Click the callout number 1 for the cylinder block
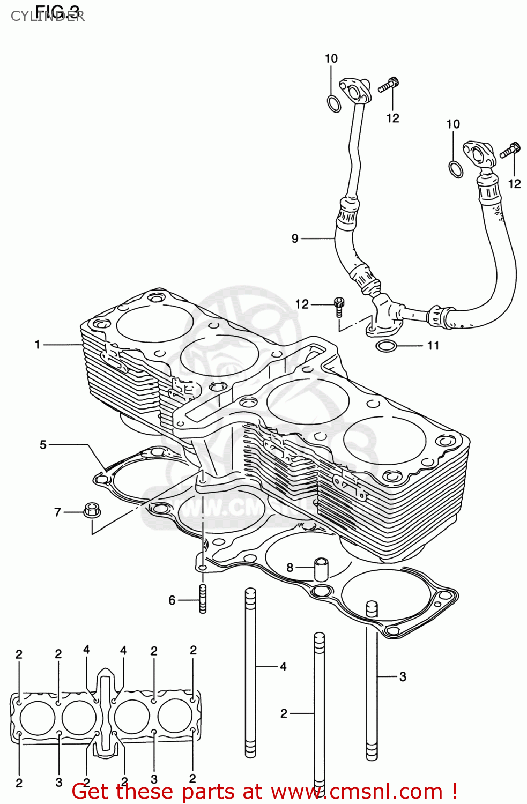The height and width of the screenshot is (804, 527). pyautogui.click(x=38, y=344)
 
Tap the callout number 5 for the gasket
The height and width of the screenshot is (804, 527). pyautogui.click(x=43, y=444)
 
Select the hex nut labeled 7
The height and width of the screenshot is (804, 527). pyautogui.click(x=92, y=509)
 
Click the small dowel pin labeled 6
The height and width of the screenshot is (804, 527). pyautogui.click(x=203, y=599)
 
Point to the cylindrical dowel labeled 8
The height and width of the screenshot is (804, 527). pyautogui.click(x=321, y=569)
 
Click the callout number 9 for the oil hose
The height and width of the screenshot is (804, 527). pyautogui.click(x=295, y=239)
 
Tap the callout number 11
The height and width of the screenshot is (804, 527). pyautogui.click(x=433, y=346)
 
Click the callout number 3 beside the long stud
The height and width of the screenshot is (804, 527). pyautogui.click(x=403, y=677)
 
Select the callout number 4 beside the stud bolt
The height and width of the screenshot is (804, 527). pyautogui.click(x=283, y=666)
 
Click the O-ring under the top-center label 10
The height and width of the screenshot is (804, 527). pyautogui.click(x=333, y=103)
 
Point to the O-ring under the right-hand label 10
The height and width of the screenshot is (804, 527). pyautogui.click(x=456, y=169)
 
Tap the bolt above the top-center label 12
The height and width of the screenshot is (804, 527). pyautogui.click(x=389, y=85)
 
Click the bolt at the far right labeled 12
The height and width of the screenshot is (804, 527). pyautogui.click(x=510, y=150)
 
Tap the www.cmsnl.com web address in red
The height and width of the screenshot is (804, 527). pyautogui.click(x=357, y=792)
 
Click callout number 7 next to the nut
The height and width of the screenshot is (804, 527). pyautogui.click(x=58, y=512)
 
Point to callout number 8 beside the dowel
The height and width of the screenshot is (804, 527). pyautogui.click(x=290, y=567)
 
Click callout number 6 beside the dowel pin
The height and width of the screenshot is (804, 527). pyautogui.click(x=172, y=600)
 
